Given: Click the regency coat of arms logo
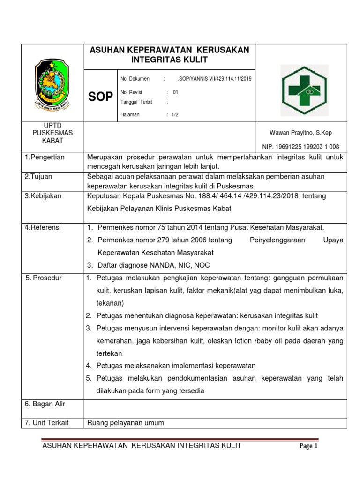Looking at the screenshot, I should tap(52, 83).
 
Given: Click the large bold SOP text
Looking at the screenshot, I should tap(101, 97).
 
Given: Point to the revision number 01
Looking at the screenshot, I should tap(175, 92).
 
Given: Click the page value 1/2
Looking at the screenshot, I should tap(175, 114).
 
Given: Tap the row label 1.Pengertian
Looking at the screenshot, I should tap(45, 157).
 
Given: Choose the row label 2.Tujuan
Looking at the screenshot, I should tap(39, 176).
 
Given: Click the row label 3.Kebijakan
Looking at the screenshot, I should tap(43, 195).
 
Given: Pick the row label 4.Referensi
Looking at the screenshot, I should tap(42, 227).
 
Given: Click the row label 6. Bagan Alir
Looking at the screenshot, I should tap(45, 404).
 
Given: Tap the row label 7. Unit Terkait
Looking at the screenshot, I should tap(46, 423).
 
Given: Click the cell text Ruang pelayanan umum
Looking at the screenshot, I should tap(126, 423).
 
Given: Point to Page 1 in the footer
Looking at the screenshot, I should tap(309, 446).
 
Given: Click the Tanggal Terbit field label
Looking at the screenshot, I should tap(136, 102).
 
